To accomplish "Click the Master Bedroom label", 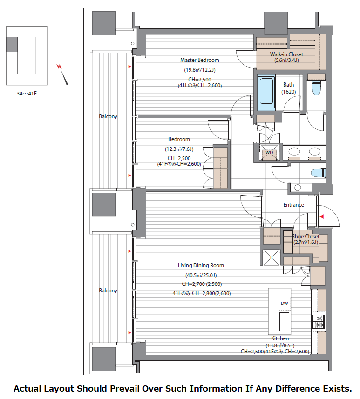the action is (200, 60).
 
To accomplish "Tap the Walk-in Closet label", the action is (286, 54).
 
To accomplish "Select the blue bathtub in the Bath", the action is (266, 93).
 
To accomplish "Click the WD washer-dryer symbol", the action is (269, 152).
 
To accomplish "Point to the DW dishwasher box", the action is (284, 303).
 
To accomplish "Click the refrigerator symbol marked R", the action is (271, 257).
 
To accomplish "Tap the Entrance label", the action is (293, 205).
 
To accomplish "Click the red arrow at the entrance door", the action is (322, 216).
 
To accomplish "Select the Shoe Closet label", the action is (306, 237).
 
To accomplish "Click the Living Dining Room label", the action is (201, 265).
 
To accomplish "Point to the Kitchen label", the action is (280, 338).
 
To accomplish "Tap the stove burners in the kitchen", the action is (318, 321).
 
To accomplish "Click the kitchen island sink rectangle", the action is (284, 321).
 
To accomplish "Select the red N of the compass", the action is (59, 67).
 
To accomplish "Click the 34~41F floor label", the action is (27, 94).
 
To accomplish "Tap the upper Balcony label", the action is (108, 116).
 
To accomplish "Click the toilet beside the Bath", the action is (316, 87).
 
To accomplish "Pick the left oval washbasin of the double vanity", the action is (294, 152).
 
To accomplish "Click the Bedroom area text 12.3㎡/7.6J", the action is (179, 149).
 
